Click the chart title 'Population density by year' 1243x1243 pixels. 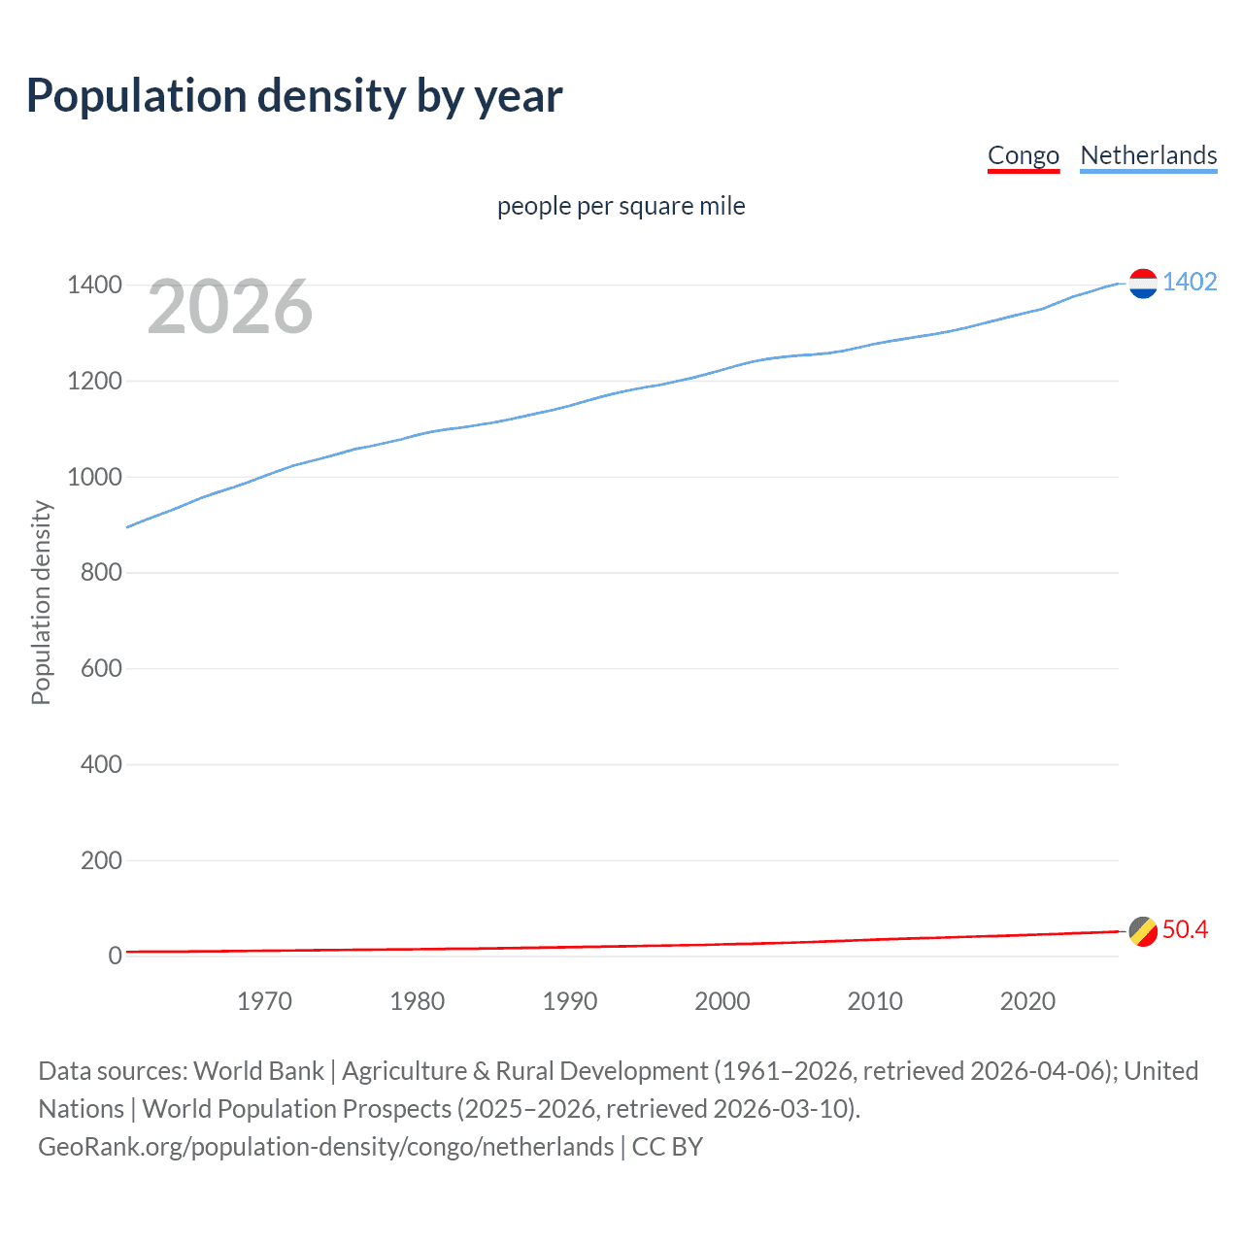click(294, 96)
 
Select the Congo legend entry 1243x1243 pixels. click(1023, 155)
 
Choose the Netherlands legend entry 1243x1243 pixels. click(1148, 155)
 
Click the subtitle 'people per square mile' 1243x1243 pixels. click(621, 206)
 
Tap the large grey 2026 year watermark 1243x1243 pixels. click(230, 307)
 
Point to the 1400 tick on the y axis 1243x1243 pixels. click(94, 286)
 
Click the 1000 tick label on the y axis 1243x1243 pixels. click(94, 477)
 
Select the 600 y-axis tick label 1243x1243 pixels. click(101, 668)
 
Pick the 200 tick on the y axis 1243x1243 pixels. click(101, 860)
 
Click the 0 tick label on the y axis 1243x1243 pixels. click(115, 956)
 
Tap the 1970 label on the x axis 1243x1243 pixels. click(264, 1001)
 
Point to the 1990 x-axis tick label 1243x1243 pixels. click(570, 1001)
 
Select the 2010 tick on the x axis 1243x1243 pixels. click(875, 1001)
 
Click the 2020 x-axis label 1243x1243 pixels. click(1027, 1001)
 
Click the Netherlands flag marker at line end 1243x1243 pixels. click(1143, 284)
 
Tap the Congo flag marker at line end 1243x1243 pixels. click(1143, 931)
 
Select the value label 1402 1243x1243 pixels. click(1190, 282)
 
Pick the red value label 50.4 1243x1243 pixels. click(1185, 929)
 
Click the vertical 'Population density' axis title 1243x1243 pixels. click(41, 602)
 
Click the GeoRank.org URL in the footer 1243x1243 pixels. click(326, 1147)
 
